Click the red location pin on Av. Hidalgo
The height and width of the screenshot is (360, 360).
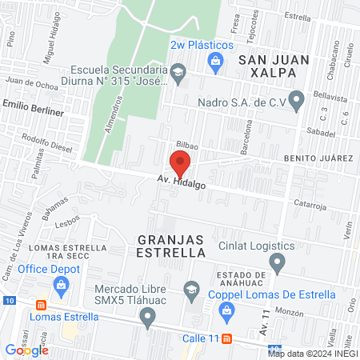181,162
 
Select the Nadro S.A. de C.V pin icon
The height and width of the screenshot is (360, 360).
297,101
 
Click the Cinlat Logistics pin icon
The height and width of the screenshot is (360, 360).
278,261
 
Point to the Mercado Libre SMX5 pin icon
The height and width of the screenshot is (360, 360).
146,318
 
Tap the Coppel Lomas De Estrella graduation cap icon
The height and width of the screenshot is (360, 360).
191,289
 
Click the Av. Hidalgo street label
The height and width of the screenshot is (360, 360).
182,184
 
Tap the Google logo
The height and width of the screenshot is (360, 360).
27,350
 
